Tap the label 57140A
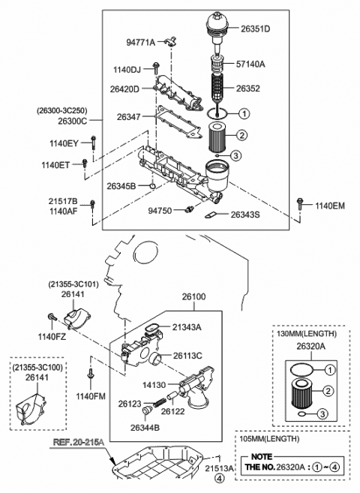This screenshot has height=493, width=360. [253, 65]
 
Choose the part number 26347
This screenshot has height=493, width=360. [128, 117]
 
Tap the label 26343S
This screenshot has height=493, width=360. [244, 216]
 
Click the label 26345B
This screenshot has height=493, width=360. [121, 185]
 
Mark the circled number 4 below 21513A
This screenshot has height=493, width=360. [218, 476]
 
